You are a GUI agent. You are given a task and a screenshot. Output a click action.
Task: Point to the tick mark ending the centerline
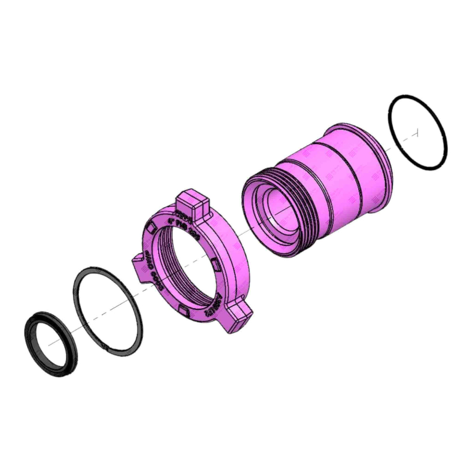click(417, 133)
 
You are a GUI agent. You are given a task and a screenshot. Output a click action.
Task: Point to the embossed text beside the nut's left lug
click(149, 268)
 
